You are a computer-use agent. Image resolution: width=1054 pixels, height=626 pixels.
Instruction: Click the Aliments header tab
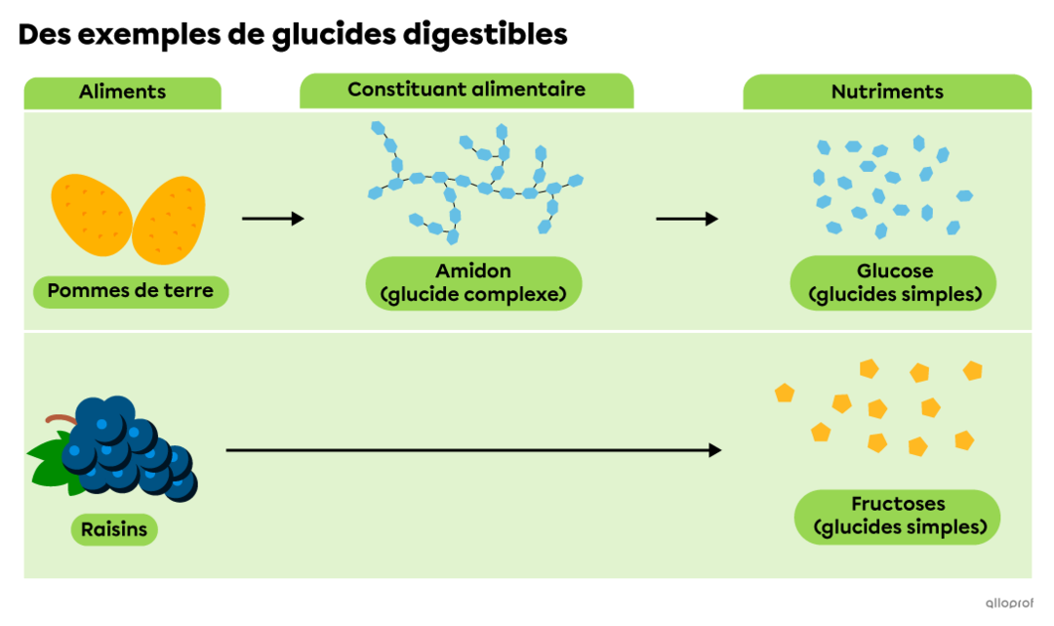122,93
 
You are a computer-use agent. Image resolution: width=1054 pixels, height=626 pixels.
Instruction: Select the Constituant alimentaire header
466,90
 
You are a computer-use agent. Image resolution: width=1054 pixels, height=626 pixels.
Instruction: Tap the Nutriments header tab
887,93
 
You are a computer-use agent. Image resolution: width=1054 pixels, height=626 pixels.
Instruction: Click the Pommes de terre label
131,291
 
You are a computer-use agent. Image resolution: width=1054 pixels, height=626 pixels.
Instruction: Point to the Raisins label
114,529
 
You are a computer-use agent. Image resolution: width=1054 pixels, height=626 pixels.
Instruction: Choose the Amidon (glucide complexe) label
473,283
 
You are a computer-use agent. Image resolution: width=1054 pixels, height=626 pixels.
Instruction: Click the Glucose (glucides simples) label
894,283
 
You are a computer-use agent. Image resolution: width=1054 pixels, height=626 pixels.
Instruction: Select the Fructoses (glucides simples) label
897,517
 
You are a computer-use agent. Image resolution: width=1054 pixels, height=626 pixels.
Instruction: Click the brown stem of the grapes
61,420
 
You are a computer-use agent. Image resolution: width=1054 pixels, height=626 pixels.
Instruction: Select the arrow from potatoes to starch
273,219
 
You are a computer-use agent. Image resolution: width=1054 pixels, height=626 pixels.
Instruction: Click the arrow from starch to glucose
687,219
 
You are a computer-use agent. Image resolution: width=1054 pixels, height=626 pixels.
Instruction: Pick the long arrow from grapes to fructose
473,450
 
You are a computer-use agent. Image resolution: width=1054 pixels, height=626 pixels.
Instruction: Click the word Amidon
473,271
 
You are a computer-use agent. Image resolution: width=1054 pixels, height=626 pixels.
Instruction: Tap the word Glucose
894,271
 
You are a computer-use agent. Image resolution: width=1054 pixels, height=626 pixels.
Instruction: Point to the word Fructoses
897,505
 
